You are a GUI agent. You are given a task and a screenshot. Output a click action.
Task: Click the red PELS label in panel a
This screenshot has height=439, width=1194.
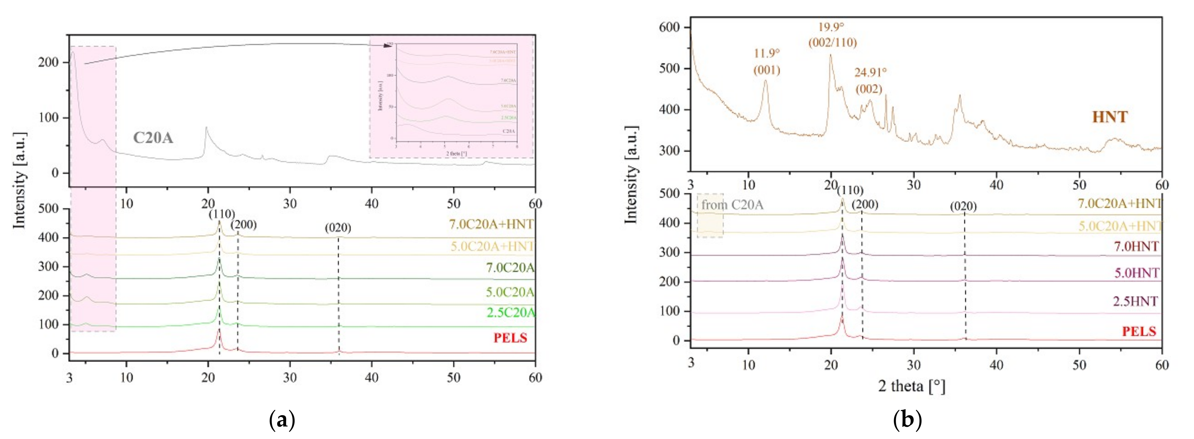(x=510, y=338)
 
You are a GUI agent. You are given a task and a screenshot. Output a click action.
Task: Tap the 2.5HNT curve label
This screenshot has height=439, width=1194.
(x=1135, y=301)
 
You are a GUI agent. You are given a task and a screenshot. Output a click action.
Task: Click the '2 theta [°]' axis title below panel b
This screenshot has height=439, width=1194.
(x=911, y=386)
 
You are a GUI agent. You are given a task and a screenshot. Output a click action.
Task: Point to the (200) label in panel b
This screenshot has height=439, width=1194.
(x=864, y=204)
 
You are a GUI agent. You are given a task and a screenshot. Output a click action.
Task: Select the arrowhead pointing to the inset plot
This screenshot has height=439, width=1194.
(x=388, y=46)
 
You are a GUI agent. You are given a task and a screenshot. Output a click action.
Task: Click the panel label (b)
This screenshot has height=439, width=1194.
(x=906, y=420)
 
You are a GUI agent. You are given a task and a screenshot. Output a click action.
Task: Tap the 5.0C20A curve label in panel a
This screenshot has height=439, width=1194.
(x=510, y=292)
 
